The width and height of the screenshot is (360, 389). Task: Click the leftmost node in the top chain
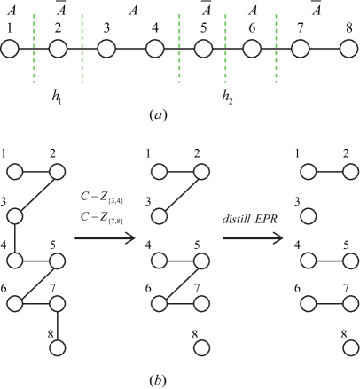(10, 49)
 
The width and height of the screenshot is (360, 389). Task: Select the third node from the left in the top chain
(106, 49)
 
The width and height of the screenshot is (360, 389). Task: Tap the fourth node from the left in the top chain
(155, 49)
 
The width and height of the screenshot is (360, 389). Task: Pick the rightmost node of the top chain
(348, 49)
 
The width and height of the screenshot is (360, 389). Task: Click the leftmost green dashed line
(35, 49)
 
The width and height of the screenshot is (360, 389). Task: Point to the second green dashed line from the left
(82, 49)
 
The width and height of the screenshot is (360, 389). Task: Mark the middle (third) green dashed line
(179, 49)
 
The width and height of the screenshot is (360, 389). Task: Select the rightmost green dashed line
(276, 49)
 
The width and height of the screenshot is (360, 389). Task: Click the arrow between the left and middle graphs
(106, 237)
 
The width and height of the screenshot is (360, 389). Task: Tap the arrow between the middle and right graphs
(253, 237)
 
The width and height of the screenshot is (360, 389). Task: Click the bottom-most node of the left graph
(58, 347)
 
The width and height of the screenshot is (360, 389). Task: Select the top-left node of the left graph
(15, 172)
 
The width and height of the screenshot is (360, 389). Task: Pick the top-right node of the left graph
(58, 172)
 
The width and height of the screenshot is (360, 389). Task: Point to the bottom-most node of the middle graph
(201, 347)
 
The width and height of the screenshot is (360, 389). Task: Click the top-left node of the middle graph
(159, 172)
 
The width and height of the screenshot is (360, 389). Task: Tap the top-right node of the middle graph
(201, 172)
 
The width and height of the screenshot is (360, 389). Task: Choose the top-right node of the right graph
(350, 172)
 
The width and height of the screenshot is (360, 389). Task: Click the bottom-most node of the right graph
(350, 347)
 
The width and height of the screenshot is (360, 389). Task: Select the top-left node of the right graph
(308, 172)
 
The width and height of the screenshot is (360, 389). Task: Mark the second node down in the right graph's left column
(308, 215)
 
